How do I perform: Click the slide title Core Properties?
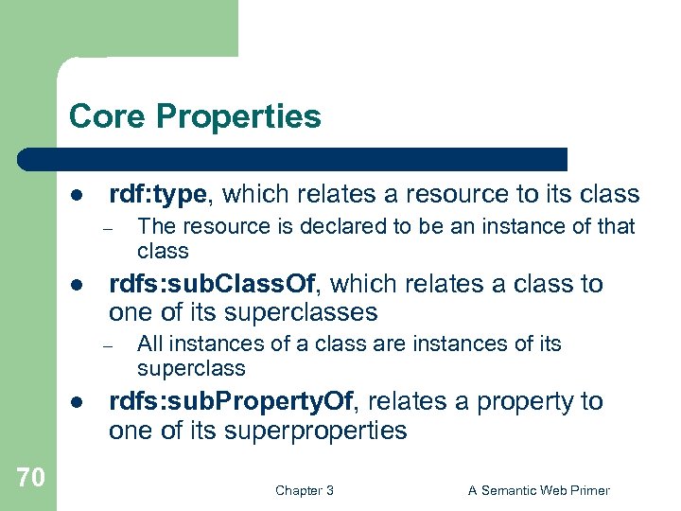[x=195, y=117]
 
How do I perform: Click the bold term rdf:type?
[x=157, y=195]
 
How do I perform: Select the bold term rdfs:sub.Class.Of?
[x=216, y=284]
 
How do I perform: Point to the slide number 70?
[x=30, y=478]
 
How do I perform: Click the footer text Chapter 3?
[x=304, y=490]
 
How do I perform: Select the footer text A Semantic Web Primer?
[x=539, y=490]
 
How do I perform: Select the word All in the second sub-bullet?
[x=149, y=344]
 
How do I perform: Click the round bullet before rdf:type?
[x=76, y=196]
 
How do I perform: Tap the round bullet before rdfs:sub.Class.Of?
[x=76, y=285]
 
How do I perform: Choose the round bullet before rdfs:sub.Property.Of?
[x=76, y=403]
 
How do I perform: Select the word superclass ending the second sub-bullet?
[x=191, y=369]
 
